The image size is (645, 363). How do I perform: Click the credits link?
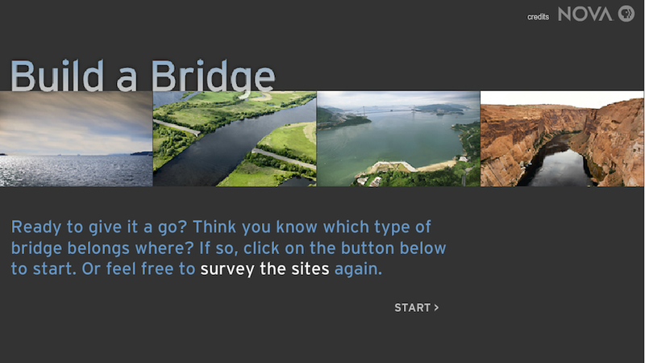(x=538, y=16)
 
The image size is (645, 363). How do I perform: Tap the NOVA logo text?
(x=585, y=15)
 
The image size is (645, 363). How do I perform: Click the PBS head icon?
(x=626, y=15)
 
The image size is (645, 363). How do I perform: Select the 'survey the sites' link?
(x=265, y=269)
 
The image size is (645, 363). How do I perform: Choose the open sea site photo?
(x=76, y=139)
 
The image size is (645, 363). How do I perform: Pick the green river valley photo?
(x=235, y=139)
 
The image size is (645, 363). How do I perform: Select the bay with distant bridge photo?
(x=398, y=139)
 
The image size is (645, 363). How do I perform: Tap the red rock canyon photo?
(x=563, y=139)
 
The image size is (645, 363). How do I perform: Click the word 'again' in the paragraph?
(x=357, y=269)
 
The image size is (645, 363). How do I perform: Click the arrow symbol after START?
(x=436, y=307)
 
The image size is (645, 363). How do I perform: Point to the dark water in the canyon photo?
(x=557, y=165)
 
